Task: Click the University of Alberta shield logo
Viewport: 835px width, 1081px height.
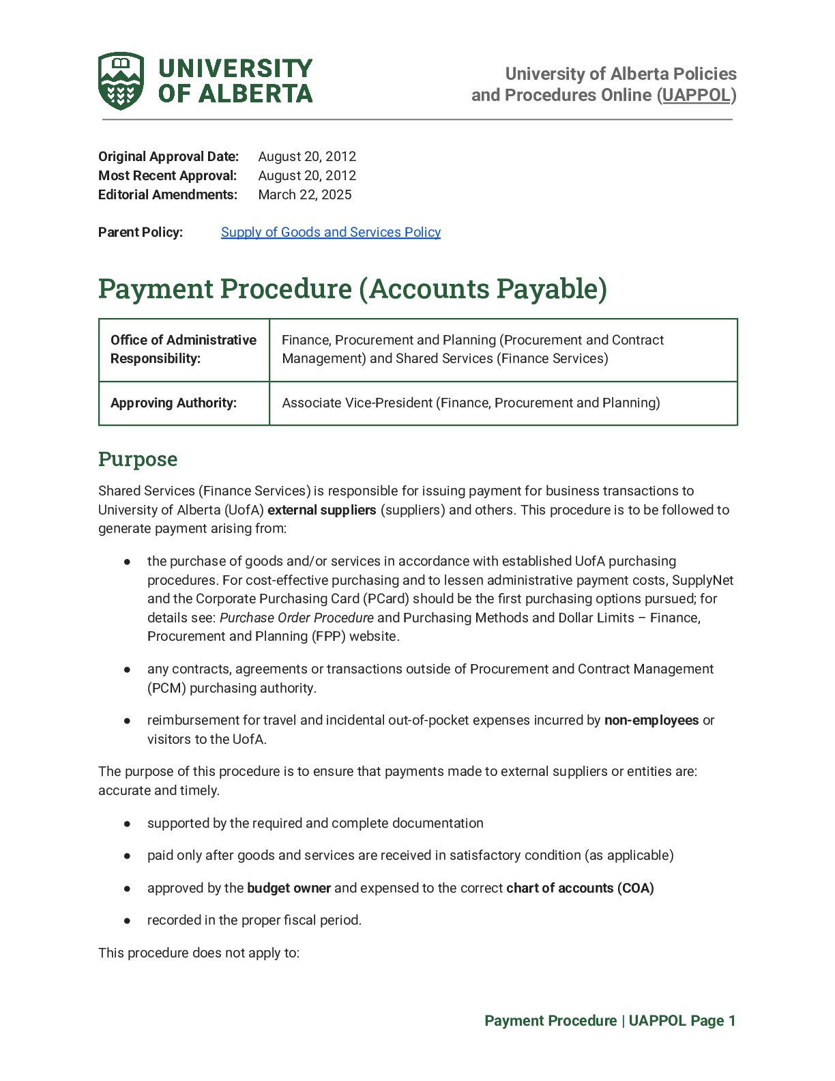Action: (x=121, y=81)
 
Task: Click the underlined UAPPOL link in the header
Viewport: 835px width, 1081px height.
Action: (x=696, y=96)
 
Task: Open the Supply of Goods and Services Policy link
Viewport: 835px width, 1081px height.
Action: (x=331, y=232)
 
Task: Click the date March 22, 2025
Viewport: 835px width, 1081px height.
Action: (x=305, y=194)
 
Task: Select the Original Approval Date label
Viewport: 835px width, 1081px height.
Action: (x=169, y=156)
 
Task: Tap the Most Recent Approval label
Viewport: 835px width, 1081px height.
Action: (x=168, y=175)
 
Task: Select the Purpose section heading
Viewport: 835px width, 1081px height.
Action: (x=138, y=459)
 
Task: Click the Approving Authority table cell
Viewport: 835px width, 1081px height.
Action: (x=174, y=403)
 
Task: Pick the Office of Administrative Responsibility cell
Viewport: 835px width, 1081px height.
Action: (x=184, y=349)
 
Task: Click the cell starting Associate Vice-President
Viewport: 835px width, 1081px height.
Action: (x=471, y=403)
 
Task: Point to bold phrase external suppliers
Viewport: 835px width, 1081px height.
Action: (x=322, y=510)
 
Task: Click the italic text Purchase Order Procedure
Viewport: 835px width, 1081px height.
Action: (x=297, y=618)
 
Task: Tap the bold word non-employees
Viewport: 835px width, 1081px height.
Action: (x=651, y=720)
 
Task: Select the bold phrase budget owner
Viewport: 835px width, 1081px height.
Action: (x=289, y=888)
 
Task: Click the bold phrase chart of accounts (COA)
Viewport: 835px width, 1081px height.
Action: (x=580, y=888)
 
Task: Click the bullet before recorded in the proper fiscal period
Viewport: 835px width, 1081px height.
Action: (x=127, y=921)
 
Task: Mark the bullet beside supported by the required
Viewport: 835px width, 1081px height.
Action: (x=127, y=824)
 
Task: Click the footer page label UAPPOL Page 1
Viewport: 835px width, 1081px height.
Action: (x=682, y=1021)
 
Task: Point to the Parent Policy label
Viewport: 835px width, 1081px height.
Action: (x=141, y=232)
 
